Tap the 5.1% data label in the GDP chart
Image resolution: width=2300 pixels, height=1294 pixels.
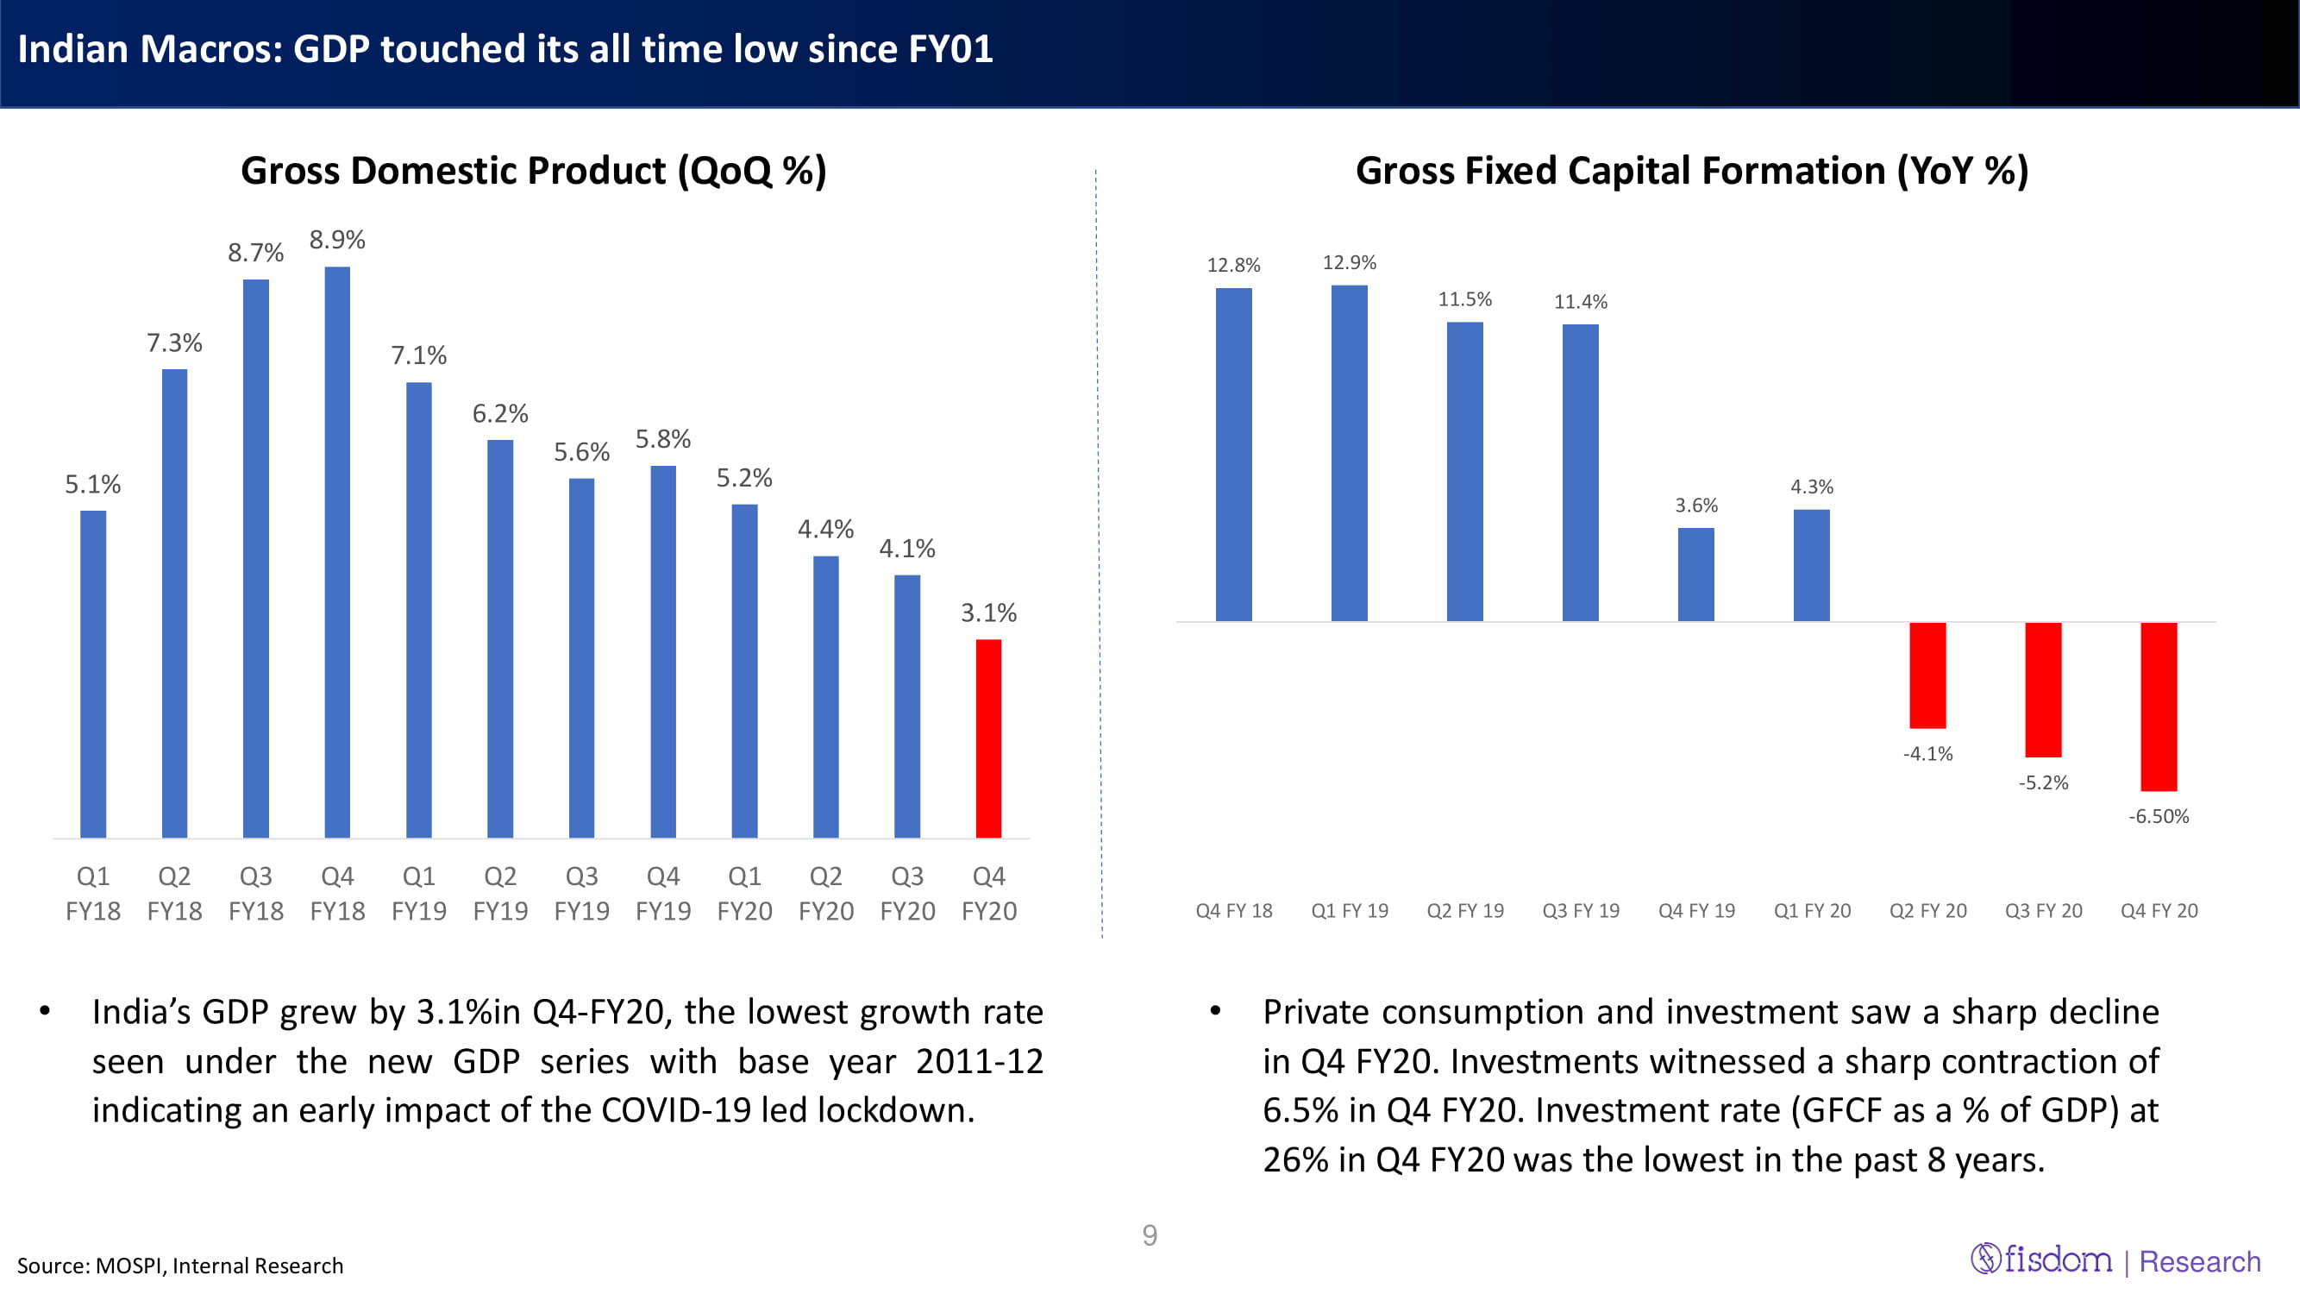93,484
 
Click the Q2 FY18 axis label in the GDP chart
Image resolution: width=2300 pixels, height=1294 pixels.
174,893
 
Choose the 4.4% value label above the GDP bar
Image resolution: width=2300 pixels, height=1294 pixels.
825,530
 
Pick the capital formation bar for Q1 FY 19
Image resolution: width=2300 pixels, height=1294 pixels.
1349,453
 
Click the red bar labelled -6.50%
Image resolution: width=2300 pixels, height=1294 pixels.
2158,707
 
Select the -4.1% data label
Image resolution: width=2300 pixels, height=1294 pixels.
1927,754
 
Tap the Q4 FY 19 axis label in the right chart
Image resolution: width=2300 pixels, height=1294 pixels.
1696,911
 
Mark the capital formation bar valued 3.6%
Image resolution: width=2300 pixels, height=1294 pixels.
1695,575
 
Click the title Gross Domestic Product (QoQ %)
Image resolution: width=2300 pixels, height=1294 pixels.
533,171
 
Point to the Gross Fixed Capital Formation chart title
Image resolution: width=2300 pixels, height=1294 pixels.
1692,171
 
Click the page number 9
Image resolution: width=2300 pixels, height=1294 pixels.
1150,1235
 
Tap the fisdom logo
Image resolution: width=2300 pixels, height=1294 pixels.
2042,1259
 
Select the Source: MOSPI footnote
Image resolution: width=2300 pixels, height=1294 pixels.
179,1266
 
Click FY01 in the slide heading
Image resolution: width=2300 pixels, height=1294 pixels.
950,49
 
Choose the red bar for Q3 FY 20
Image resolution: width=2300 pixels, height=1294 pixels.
2043,689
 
